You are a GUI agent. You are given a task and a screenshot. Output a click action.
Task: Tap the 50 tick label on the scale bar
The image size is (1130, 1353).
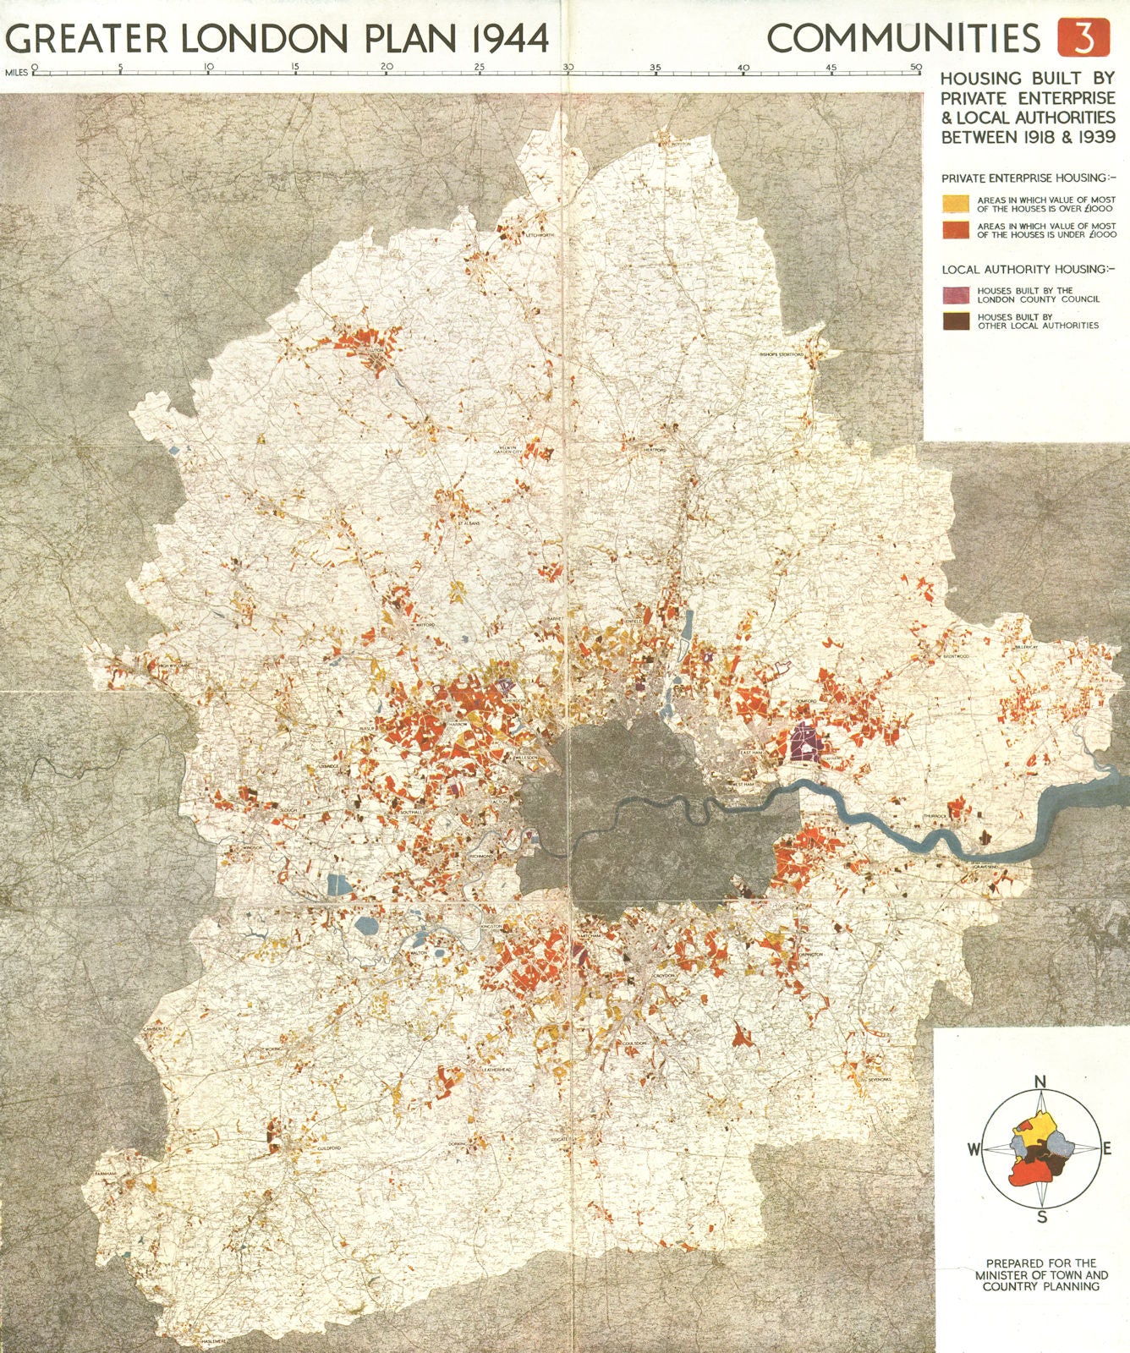point(916,67)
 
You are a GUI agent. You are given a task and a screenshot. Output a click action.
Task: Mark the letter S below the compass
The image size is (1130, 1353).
point(1042,1218)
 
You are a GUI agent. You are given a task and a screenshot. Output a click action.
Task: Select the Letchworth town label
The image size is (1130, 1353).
point(539,234)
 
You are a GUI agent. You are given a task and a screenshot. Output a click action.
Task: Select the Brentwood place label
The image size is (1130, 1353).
point(956,656)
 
